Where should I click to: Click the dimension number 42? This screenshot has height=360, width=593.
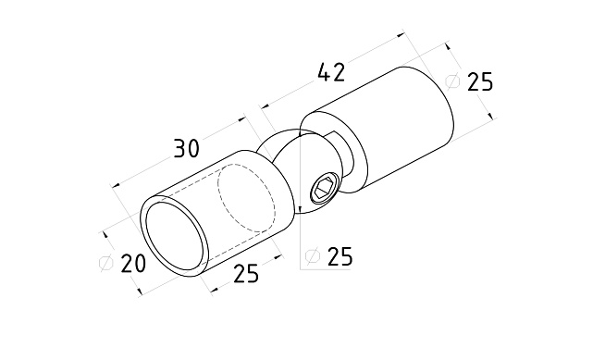(x=331, y=72)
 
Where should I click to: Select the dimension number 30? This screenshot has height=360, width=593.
(x=187, y=148)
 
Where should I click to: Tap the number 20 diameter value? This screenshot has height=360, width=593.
(x=133, y=263)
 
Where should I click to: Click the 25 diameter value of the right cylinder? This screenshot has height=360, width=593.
(x=480, y=81)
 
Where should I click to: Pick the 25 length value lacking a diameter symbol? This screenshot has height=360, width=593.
(x=246, y=273)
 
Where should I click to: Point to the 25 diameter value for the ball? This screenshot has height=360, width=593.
(x=340, y=256)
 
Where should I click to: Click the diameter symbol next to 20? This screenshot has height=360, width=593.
(x=105, y=263)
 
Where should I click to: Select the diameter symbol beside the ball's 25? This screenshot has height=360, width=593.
(x=313, y=256)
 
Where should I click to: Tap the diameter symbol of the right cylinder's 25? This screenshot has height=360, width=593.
(x=452, y=81)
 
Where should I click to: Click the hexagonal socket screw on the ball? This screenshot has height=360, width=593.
(x=324, y=188)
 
